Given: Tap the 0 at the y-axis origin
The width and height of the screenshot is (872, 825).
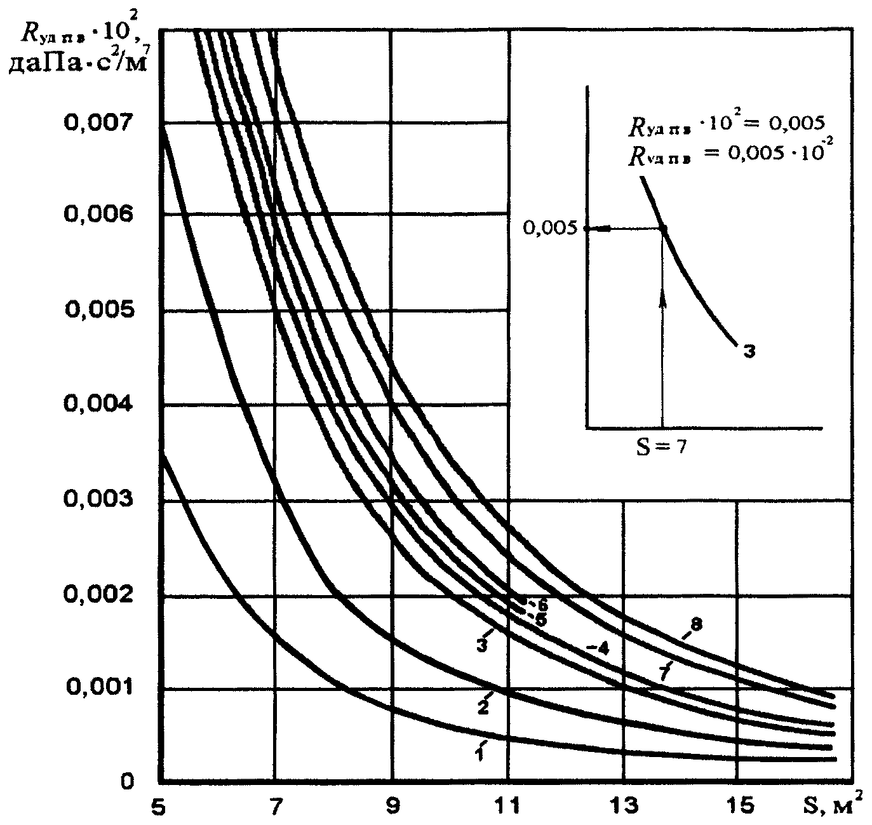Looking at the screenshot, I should point(128,781).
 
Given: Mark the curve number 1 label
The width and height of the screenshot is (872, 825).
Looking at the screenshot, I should point(480,753).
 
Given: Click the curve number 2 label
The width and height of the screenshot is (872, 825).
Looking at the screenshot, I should point(483,706).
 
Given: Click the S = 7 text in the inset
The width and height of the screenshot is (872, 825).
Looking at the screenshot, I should point(661,446).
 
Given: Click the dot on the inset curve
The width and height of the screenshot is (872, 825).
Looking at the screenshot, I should point(662,229).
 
